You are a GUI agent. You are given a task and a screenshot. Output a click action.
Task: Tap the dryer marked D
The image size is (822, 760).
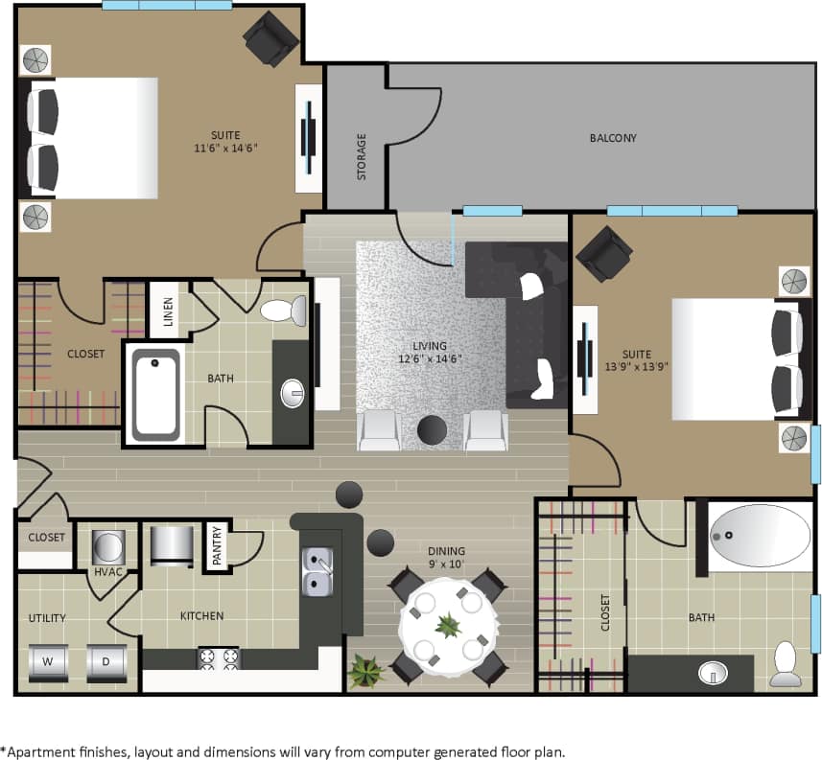pyautogui.click(x=106, y=661)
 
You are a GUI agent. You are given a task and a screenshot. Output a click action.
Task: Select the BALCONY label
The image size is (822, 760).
pyautogui.click(x=613, y=138)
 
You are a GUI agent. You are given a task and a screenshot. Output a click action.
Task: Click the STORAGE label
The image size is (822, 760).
pyautogui.click(x=362, y=156)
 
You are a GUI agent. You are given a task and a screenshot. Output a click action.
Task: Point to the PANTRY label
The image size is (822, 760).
pyautogui.click(x=217, y=547)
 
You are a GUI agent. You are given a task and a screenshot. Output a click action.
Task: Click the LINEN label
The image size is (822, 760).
pyautogui.click(x=168, y=311)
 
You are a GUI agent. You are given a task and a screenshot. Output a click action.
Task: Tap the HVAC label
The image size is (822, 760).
pyautogui.click(x=105, y=572)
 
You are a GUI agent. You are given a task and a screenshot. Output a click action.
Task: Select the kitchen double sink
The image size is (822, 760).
pyautogui.click(x=317, y=570)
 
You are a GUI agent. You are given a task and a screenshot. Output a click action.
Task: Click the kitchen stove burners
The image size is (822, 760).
pyautogui.click(x=218, y=657)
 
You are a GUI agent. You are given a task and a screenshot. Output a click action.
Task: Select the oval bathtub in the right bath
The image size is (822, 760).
pyautogui.click(x=760, y=536)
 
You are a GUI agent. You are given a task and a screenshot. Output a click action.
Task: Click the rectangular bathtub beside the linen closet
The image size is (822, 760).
pyautogui.click(x=154, y=393)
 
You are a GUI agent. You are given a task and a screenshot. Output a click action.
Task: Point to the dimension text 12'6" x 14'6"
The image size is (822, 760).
pyautogui.click(x=431, y=359)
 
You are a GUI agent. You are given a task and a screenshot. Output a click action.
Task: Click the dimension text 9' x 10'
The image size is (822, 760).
pyautogui.click(x=447, y=564)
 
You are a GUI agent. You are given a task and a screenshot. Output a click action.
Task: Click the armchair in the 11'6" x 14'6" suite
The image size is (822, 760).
pyautogui.click(x=271, y=38)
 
